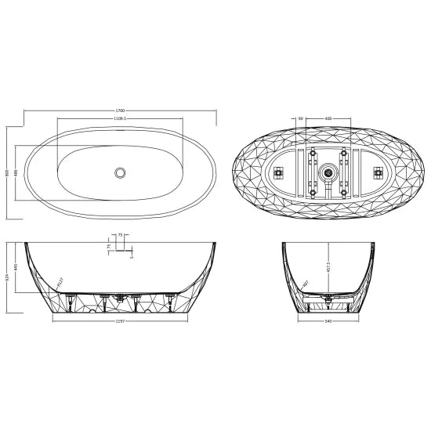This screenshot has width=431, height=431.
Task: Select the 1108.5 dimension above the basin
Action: click(x=121, y=119)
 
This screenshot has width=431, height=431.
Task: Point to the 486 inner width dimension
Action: click(x=17, y=172)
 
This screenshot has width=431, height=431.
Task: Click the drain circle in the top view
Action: click(x=120, y=171)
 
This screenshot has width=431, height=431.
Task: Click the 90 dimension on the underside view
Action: click(x=300, y=119)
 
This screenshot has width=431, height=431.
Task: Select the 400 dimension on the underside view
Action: click(x=328, y=119)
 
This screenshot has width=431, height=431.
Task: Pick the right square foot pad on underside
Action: click(x=376, y=171)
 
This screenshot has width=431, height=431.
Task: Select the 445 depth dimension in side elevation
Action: click(x=17, y=266)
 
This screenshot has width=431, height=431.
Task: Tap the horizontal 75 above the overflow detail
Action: click(x=121, y=234)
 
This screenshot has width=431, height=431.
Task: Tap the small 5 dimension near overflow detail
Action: click(x=132, y=255)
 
